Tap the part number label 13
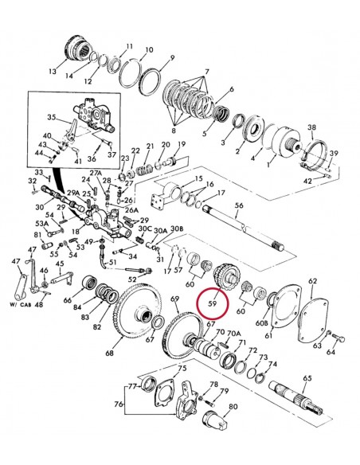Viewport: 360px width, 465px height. coord(53,72)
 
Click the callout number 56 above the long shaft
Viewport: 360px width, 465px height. coord(239,205)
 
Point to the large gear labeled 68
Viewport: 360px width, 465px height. coord(137,311)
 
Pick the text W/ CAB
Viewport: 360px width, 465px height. coord(22,304)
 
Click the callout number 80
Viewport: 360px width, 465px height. coord(233,406)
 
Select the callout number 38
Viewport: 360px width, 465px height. coord(311,127)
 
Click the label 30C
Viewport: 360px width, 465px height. coord(145,229)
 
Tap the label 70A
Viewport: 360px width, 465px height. coord(234,334)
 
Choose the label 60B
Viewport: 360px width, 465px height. coord(261,322)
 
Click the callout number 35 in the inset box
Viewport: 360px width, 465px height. coord(51,117)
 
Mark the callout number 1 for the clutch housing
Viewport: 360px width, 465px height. coord(269,164)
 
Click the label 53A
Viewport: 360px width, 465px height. coord(42,224)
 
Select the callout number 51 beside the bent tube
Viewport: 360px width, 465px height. coord(112,263)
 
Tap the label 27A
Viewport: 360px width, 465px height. coord(96,174)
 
